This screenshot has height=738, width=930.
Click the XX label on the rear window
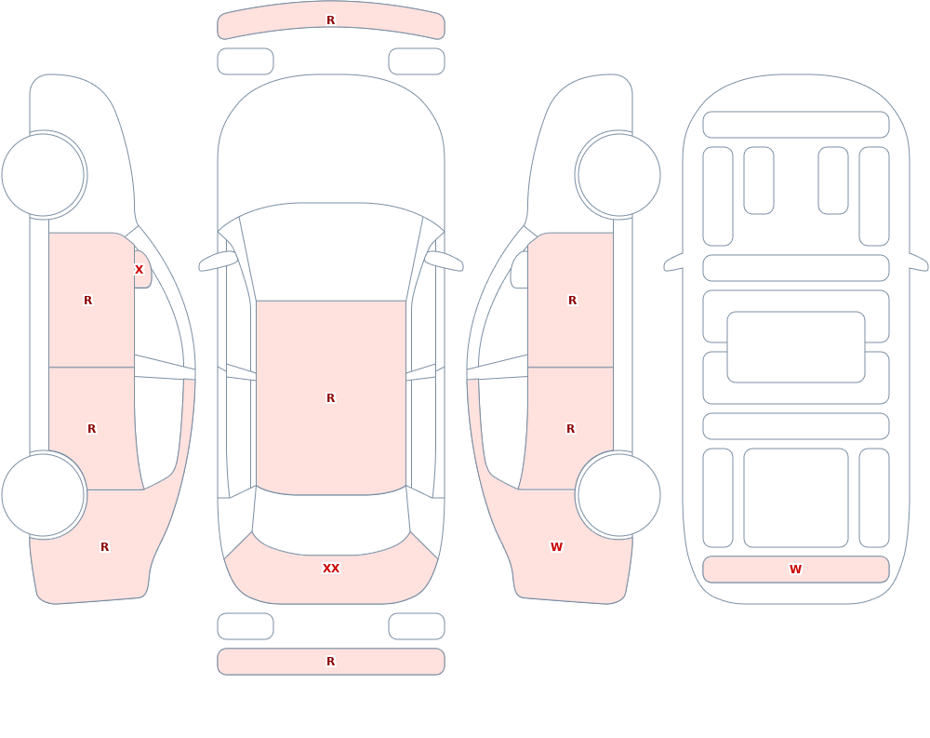(x=331, y=569)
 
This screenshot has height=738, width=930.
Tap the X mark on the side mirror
(x=139, y=270)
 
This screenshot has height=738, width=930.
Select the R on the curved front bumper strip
(x=331, y=20)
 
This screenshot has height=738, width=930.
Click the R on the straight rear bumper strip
(x=331, y=662)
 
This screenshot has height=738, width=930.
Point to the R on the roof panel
(x=331, y=397)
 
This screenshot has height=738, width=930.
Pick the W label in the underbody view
(x=795, y=570)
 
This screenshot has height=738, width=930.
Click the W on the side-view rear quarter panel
(x=556, y=547)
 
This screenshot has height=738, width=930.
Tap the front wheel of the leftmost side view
(x=44, y=175)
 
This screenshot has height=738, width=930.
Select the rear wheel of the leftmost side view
(x=44, y=494)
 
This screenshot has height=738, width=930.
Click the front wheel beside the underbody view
(x=618, y=175)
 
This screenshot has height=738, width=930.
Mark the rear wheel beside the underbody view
(x=618, y=494)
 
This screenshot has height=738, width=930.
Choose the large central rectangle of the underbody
(x=796, y=347)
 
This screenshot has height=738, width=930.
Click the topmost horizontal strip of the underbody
(x=796, y=125)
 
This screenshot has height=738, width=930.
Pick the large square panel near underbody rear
(x=796, y=498)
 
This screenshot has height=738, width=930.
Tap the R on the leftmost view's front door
(x=87, y=301)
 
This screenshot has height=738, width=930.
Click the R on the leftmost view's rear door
(x=91, y=429)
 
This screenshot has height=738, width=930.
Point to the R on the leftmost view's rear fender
(x=104, y=547)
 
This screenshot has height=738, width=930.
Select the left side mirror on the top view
(x=217, y=261)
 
